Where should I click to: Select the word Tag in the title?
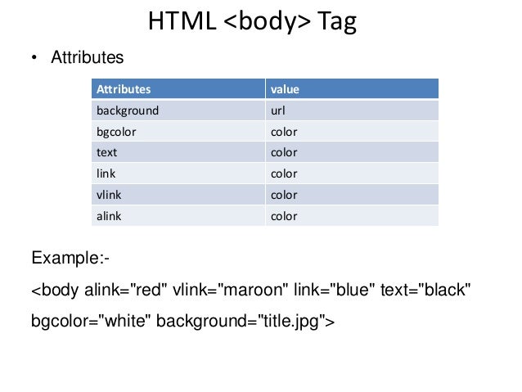(x=337, y=22)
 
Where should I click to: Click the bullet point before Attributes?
(x=34, y=58)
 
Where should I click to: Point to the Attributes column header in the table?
(x=124, y=88)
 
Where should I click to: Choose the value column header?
(x=284, y=88)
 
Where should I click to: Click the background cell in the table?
(x=128, y=110)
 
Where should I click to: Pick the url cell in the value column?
(x=278, y=110)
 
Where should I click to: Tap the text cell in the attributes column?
(x=107, y=152)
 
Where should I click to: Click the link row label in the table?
(x=106, y=173)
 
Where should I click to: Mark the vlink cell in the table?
(x=110, y=195)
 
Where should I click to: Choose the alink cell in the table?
(x=110, y=216)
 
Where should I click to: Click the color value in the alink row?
(x=284, y=216)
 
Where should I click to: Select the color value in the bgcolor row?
(x=284, y=131)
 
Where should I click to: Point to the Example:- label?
(x=70, y=259)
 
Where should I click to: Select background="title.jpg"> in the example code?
(x=245, y=322)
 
